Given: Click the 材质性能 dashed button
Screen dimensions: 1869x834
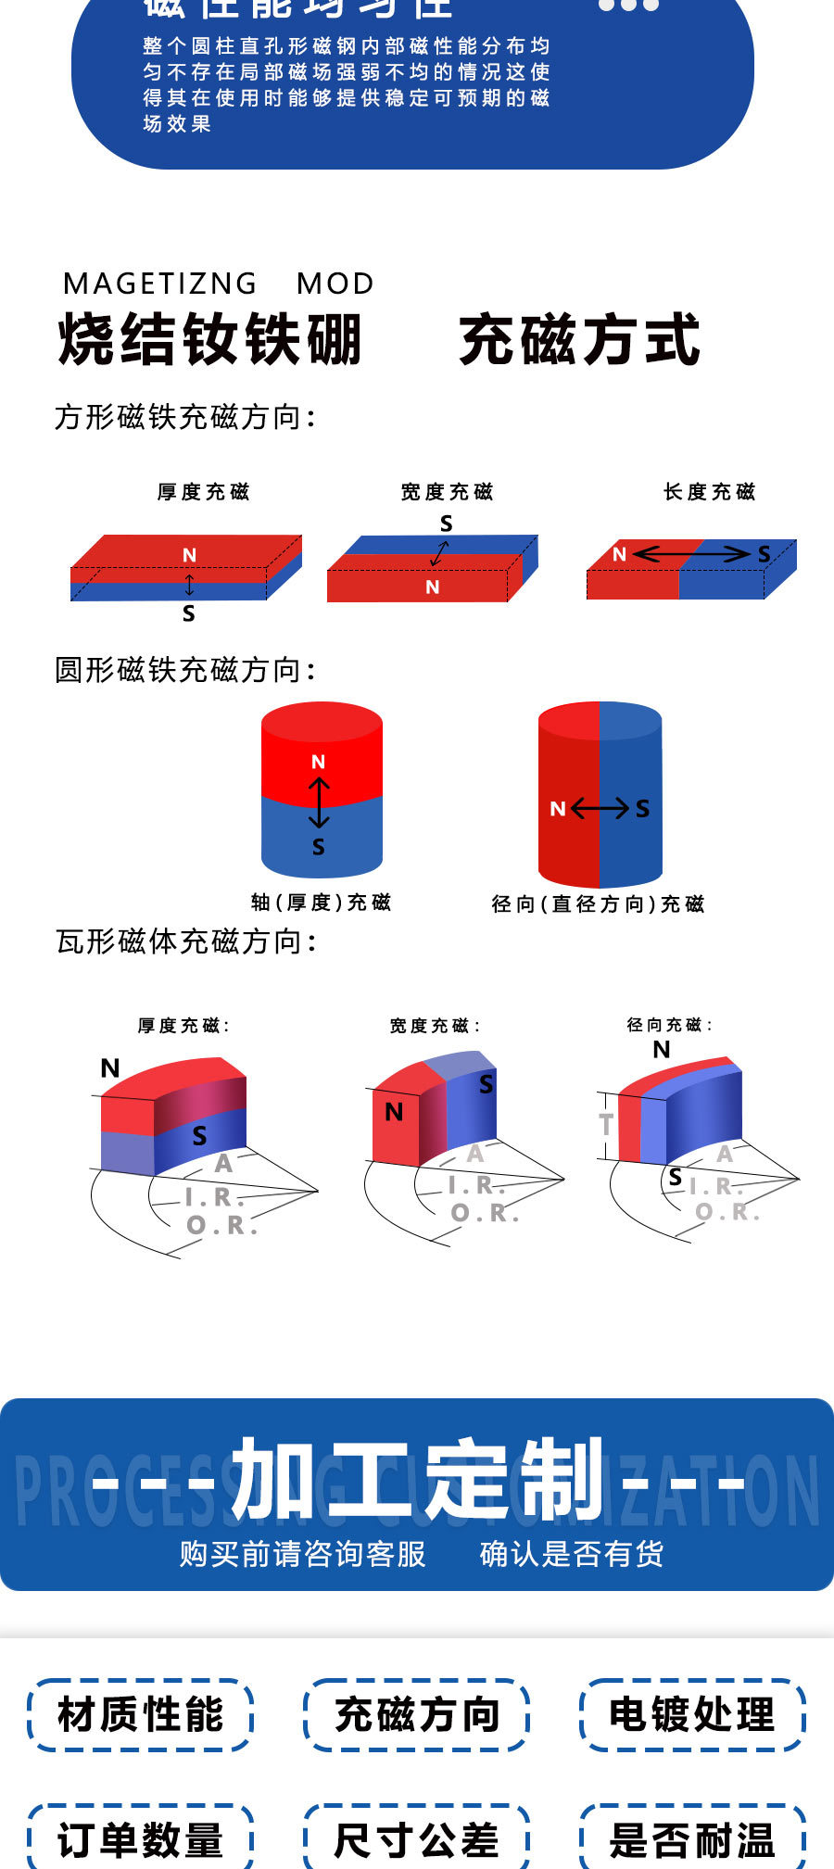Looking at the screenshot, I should [x=140, y=1714].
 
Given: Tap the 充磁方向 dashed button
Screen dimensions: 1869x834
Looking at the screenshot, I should [x=416, y=1714].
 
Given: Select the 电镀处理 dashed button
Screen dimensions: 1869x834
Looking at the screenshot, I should [x=692, y=1714].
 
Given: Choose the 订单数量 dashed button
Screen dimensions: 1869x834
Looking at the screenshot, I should [x=140, y=1839].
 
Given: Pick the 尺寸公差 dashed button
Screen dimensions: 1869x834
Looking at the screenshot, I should [x=416, y=1839].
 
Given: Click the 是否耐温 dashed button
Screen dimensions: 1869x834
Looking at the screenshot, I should [x=692, y=1839].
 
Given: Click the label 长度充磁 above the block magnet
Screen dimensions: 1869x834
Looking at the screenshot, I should [x=709, y=492].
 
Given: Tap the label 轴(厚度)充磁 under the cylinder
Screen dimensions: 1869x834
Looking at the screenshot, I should [x=321, y=903].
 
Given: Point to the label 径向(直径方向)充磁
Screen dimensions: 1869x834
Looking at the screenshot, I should [x=598, y=904].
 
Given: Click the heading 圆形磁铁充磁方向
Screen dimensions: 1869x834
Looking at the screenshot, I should [x=185, y=669].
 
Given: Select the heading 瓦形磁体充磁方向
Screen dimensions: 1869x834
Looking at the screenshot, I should [x=185, y=941].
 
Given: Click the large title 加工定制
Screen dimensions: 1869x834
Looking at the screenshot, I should [x=417, y=1480].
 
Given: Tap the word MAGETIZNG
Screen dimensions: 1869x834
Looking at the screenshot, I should [x=160, y=284].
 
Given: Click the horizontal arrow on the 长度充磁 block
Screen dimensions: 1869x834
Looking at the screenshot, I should [x=691, y=554].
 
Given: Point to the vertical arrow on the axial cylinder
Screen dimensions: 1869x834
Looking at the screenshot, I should [x=319, y=802].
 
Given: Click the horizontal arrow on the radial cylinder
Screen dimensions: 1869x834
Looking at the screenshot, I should [x=600, y=809].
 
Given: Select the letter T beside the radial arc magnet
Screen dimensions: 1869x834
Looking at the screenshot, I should [x=606, y=1124].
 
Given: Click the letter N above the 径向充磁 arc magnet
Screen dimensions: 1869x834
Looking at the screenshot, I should [x=661, y=1050].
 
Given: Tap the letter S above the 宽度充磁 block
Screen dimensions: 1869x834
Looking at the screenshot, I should [x=446, y=524].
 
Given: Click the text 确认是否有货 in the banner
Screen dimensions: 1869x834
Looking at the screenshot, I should [x=572, y=1554].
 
